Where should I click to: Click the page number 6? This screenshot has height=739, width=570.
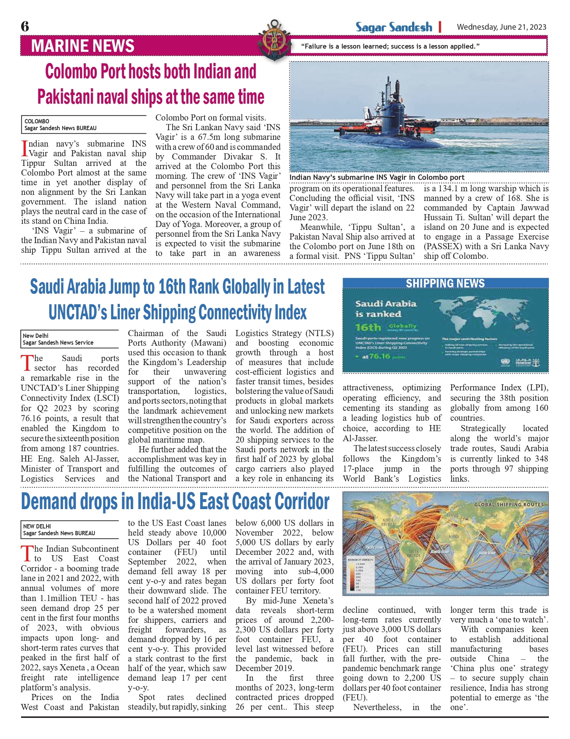click(x=25, y=26)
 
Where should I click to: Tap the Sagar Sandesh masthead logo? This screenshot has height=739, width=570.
click(x=393, y=27)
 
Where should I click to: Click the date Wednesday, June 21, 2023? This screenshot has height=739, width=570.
click(x=501, y=27)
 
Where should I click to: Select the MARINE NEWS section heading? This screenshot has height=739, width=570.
click(x=83, y=46)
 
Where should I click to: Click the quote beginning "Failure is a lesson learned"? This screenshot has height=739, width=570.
click(x=390, y=46)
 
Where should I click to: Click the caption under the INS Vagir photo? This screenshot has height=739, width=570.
click(x=377, y=177)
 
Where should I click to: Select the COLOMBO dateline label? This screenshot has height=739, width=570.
click(x=37, y=121)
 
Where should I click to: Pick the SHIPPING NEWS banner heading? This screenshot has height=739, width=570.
click(x=445, y=284)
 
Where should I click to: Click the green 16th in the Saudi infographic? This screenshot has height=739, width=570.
click(x=368, y=327)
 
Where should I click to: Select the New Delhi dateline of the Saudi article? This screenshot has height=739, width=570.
click(x=36, y=336)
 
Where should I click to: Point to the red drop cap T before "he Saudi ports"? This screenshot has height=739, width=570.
click(x=27, y=363)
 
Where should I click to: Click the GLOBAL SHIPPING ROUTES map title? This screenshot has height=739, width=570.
click(x=509, y=504)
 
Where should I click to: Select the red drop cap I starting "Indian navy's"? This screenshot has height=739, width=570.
click(x=24, y=148)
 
